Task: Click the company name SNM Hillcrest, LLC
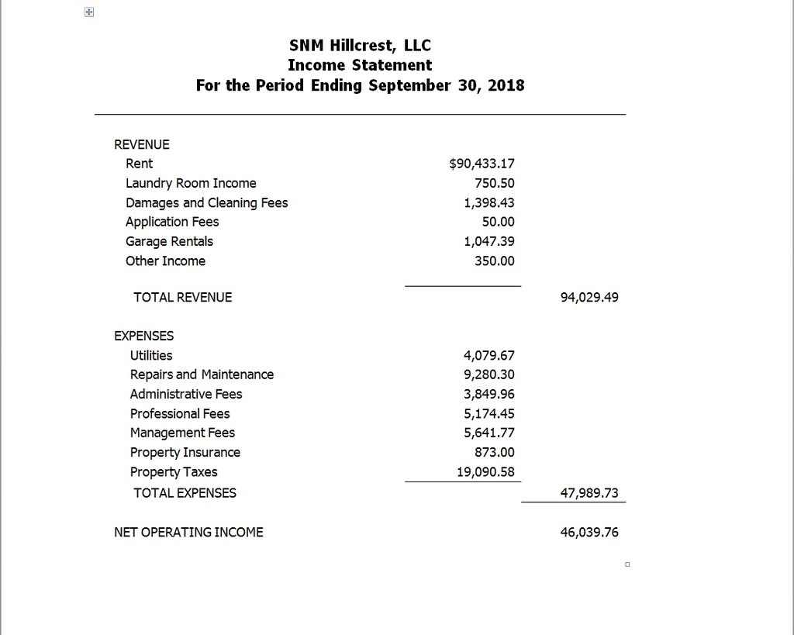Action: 360,45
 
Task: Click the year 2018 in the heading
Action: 506,85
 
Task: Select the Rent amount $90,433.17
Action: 482,164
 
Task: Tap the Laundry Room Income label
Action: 191,183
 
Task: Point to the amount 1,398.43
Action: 489,202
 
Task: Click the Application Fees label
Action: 172,222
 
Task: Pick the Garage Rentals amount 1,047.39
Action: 489,241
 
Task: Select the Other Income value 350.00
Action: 495,261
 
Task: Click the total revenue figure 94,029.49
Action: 589,297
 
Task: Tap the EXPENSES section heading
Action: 144,336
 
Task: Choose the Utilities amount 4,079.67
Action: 489,355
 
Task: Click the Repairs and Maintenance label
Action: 202,374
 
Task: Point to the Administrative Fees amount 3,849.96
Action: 489,394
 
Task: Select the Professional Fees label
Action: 180,413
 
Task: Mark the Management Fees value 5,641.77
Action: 489,433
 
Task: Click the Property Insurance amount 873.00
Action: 495,452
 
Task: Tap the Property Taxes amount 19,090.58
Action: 485,471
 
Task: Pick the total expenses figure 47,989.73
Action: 589,492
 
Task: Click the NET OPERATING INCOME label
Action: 188,532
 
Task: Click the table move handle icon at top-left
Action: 89,13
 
